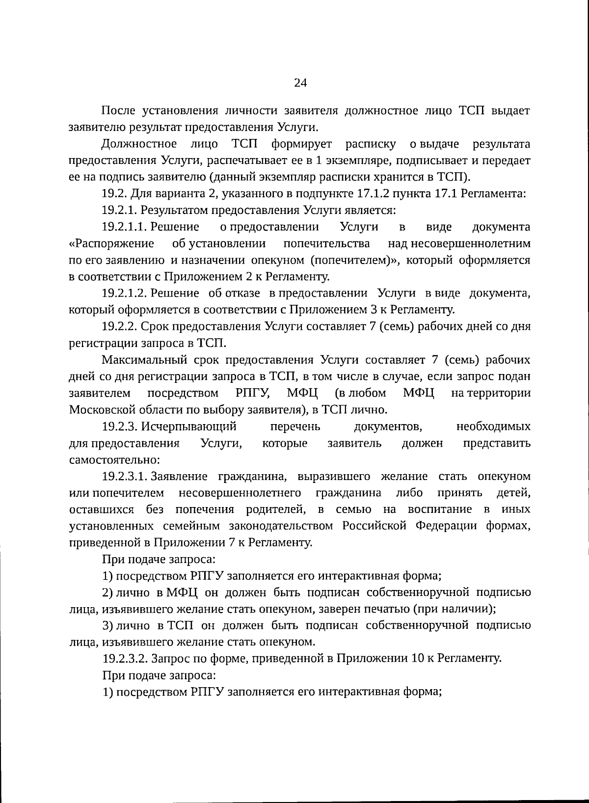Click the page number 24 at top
click(300, 83)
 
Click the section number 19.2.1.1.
click(125, 227)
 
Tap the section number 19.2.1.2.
click(125, 293)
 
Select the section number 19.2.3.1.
click(125, 476)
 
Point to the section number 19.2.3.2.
click(125, 658)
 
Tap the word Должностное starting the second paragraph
click(139, 144)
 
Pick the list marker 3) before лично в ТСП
click(108, 625)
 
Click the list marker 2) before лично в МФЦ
click(108, 592)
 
